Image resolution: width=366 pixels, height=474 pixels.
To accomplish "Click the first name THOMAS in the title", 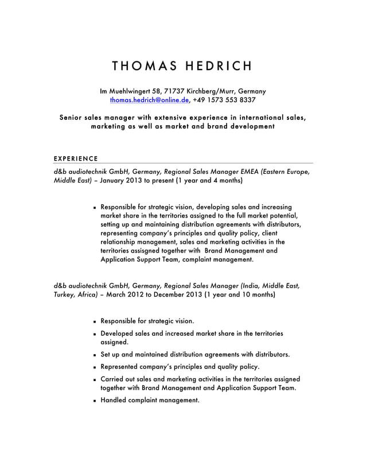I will (x=143, y=65).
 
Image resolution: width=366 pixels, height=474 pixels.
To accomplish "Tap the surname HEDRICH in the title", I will (x=219, y=65).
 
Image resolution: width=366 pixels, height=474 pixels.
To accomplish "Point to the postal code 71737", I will (x=174, y=91).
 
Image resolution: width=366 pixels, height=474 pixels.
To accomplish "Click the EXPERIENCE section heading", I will (x=72, y=158).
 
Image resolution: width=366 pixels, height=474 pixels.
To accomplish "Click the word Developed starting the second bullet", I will (x=117, y=333).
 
